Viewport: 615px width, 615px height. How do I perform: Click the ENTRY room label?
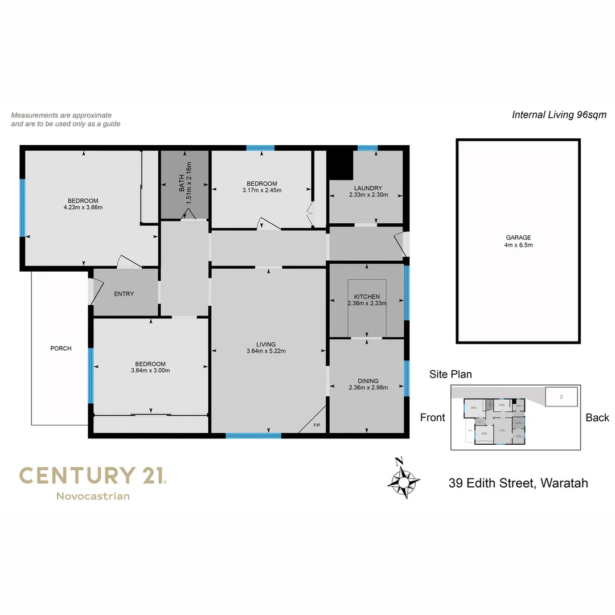pos(124,294)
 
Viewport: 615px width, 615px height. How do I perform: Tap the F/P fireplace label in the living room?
pos(317,425)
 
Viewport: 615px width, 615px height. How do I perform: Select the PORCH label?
pos(61,348)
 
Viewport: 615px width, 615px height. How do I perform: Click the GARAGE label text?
pos(518,237)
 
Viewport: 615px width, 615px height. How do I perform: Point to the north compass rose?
pos(403,479)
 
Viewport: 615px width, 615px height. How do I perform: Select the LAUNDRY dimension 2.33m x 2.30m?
pos(368,195)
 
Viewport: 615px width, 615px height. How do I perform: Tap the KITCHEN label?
pos(367,297)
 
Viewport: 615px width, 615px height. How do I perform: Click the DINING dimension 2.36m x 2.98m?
pos(368,388)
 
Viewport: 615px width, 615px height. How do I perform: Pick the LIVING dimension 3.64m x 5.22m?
pos(266,351)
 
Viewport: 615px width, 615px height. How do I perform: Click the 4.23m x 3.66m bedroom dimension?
pos(83,207)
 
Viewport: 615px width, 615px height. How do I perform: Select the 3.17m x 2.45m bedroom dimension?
pos(262,190)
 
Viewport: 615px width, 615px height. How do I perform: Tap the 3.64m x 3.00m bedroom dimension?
pos(150,371)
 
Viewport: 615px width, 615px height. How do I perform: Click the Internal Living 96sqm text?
pos(559,114)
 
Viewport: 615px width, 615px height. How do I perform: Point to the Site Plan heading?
pos(450,374)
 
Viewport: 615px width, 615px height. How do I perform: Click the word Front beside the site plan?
pos(432,417)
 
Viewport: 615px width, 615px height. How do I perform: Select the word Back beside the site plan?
pos(597,417)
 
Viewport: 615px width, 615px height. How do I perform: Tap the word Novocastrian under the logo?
pos(93,496)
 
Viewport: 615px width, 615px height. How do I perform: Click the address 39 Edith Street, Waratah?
pos(518,483)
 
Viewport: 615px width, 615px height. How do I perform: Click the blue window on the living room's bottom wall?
pos(253,436)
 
